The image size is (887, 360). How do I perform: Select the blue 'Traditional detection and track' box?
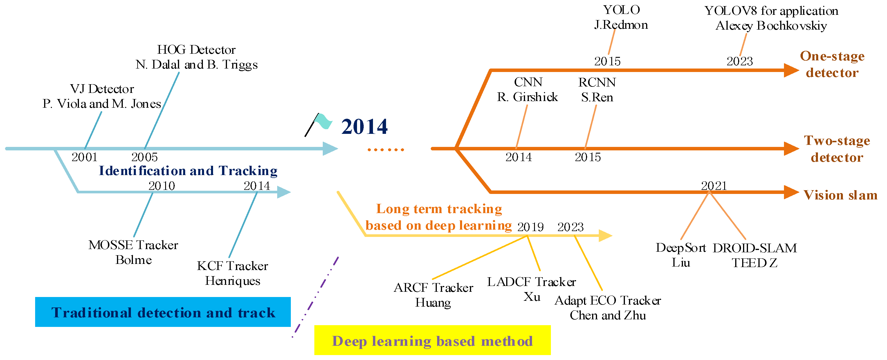pos(163,312)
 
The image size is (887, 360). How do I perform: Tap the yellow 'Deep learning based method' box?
pos(432,340)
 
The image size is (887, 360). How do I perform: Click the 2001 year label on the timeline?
pos(84,157)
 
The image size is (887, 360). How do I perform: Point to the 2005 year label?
pos(144,157)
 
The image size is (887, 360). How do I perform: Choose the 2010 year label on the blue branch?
pos(161,186)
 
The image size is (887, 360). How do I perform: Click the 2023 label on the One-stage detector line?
pos(739,61)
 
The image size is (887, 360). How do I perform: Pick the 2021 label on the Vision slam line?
pos(714,186)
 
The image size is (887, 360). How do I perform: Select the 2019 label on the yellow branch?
pos(530,227)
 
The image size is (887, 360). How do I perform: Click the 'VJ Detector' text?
pos(102,89)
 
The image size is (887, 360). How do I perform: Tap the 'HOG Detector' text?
pos(196,50)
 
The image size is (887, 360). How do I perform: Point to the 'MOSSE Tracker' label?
pos(133,245)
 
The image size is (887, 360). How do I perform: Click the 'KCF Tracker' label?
pos(232,266)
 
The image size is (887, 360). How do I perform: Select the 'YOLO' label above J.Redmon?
pos(621,10)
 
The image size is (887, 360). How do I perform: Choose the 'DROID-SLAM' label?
pos(755,248)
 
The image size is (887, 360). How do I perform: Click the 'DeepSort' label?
pos(681,248)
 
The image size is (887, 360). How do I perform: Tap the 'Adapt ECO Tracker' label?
pos(608,300)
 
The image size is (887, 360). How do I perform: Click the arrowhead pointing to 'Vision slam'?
pos(791,192)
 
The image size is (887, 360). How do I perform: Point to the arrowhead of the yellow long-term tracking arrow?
pos(605,236)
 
